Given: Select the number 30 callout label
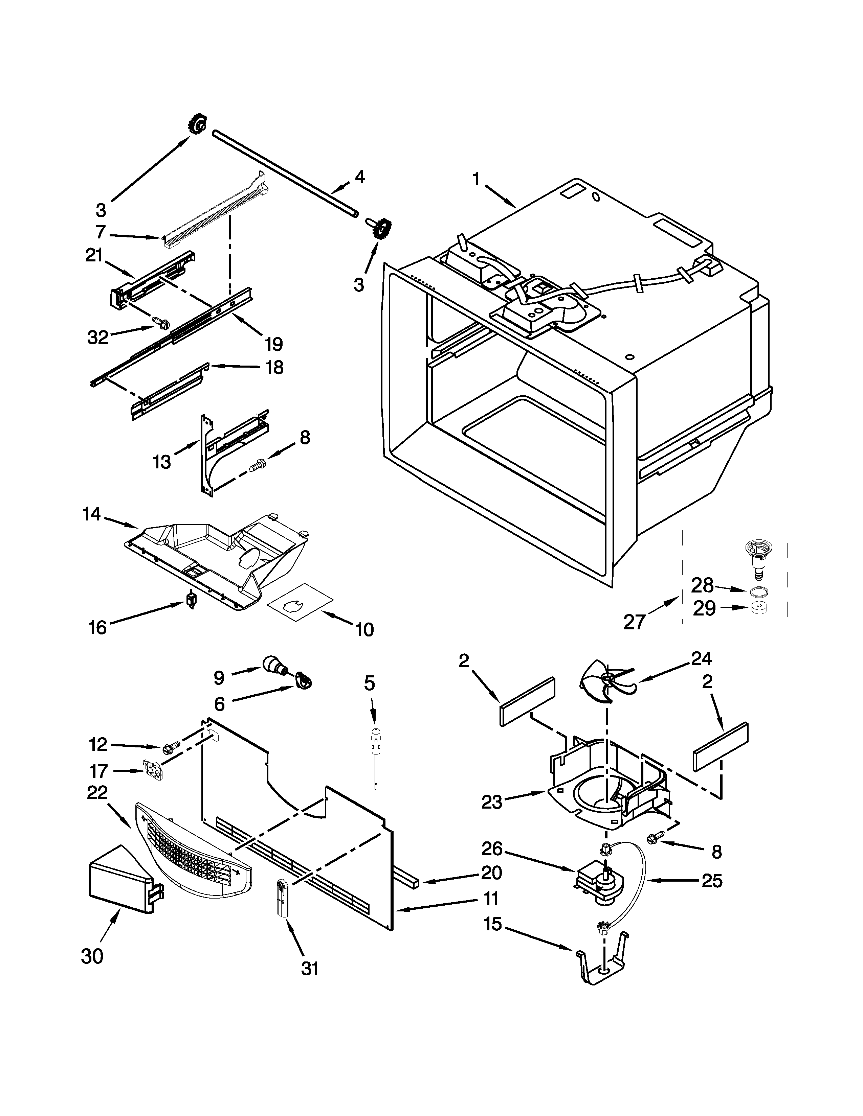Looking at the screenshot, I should coord(92,956).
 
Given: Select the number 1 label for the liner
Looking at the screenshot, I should coord(476,180).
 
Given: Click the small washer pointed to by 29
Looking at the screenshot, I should coord(759,608).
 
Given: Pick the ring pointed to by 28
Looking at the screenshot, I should coord(759,591).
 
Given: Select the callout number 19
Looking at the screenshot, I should coord(274,344).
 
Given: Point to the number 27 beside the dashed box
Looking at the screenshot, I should coord(634,622).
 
